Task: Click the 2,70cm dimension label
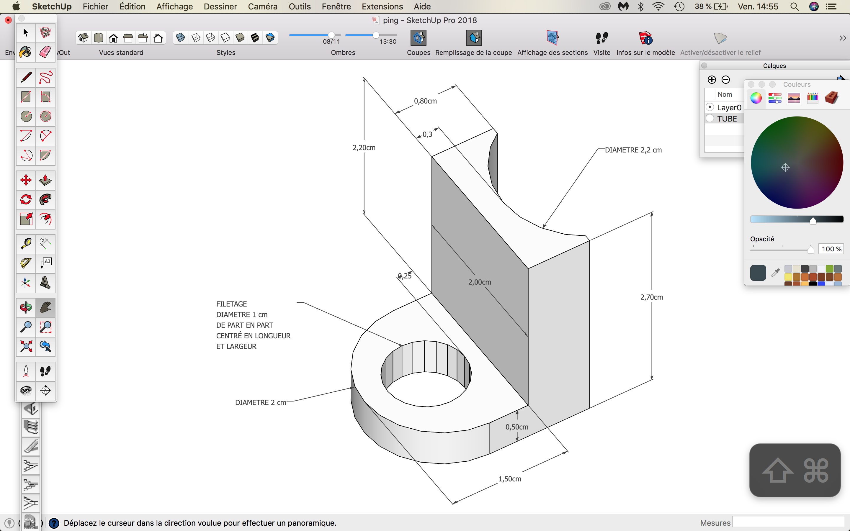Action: pos(652,297)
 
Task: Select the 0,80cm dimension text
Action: pos(425,101)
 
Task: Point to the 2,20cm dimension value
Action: pos(364,147)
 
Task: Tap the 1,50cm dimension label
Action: pos(510,479)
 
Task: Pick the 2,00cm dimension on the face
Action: pos(479,282)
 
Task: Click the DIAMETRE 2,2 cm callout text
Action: pos(633,150)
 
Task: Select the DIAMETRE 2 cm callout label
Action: pos(261,402)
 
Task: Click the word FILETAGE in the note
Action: pos(231,304)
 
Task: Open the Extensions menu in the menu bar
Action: pos(382,6)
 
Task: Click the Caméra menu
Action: pos(262,6)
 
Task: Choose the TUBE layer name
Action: pos(727,119)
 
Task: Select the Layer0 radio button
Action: pos(710,107)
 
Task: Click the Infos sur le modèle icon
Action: pos(645,38)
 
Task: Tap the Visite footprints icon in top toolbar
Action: pos(602,37)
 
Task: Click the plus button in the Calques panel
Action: pos(712,80)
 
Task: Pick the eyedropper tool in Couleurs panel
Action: pos(775,273)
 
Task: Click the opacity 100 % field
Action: pos(831,249)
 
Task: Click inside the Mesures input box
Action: pos(788,522)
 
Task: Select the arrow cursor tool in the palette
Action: pos(26,33)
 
